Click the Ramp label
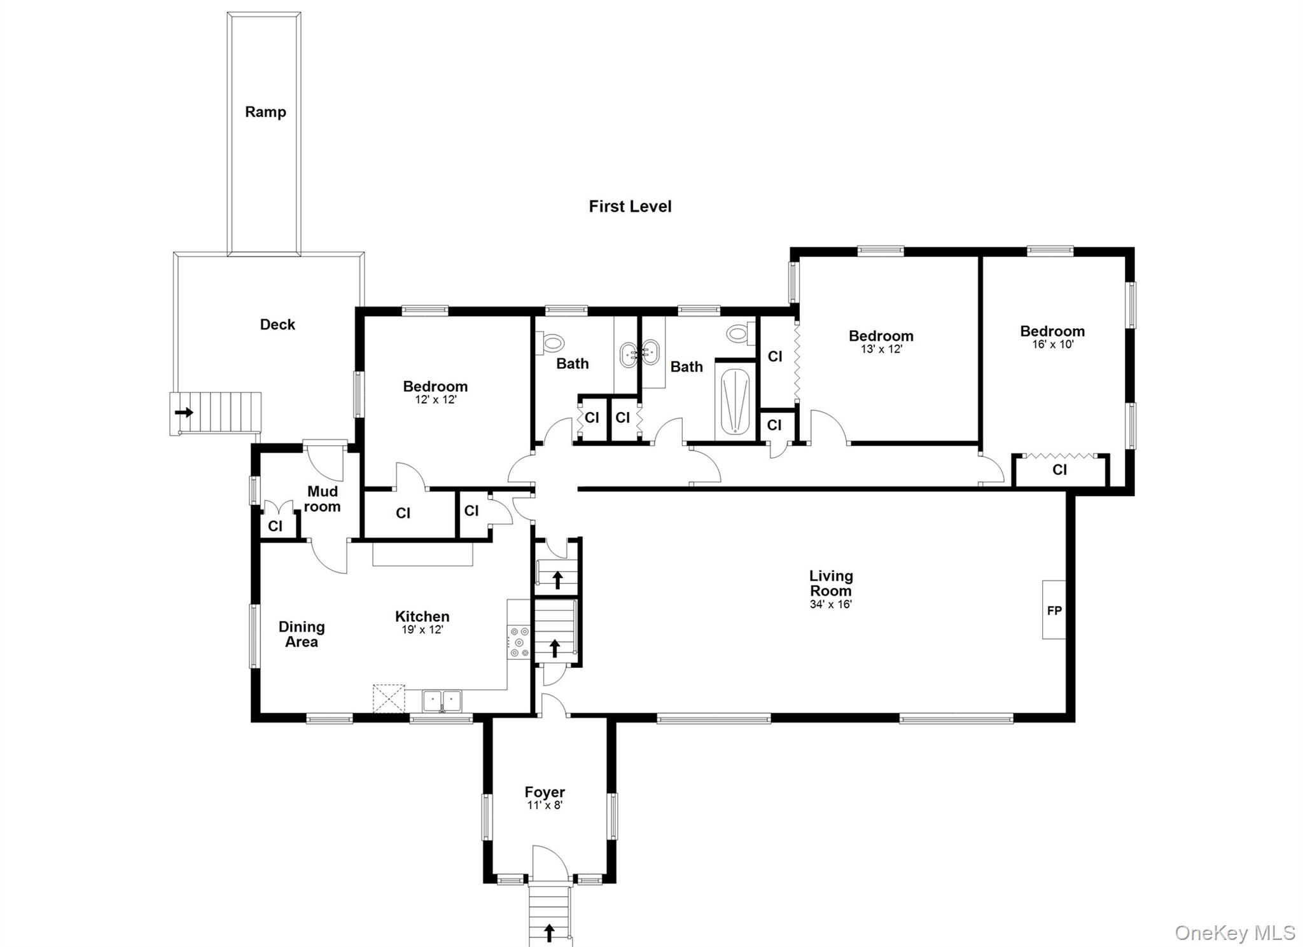[265, 112]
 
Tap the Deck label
[277, 324]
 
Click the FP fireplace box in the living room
[1054, 610]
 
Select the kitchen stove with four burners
[519, 642]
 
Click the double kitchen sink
[442, 701]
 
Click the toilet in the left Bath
[552, 343]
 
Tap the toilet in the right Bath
[739, 333]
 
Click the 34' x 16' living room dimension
[830, 604]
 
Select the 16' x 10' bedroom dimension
[1052, 344]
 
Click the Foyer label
[545, 792]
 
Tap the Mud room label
[323, 499]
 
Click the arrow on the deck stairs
[184, 412]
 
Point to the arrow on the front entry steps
[549, 932]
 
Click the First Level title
[630, 206]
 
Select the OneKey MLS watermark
[1234, 932]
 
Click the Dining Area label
[302, 634]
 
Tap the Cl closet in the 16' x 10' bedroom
[1059, 469]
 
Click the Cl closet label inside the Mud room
[275, 526]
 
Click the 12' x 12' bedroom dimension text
[435, 399]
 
